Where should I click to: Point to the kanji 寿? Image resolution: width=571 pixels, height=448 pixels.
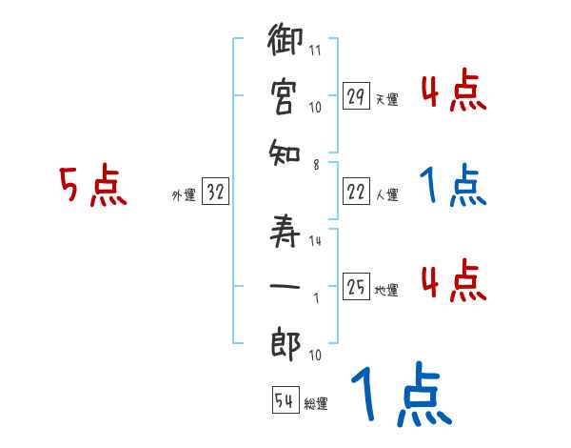[x=286, y=228]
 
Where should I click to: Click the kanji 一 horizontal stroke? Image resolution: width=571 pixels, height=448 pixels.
[x=286, y=283]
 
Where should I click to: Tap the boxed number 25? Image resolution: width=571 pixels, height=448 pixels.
[x=356, y=287]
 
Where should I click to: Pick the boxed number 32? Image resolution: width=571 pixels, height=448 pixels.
[x=215, y=192]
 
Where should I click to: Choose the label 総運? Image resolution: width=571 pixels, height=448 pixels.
[x=316, y=404]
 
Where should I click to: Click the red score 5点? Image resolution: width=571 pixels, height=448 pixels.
[x=92, y=187]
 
